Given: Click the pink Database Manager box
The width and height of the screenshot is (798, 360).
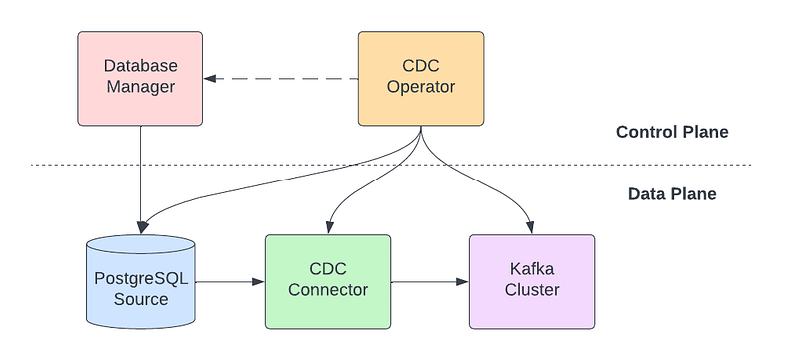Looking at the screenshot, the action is coord(140,79).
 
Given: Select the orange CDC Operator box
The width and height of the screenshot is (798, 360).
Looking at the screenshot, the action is coord(421,79).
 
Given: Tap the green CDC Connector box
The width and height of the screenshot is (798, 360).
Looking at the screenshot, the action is coord(328,281).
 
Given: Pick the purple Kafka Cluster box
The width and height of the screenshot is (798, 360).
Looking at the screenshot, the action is coord(532,281).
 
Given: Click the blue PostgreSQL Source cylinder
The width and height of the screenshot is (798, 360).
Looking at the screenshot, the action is coord(141,281).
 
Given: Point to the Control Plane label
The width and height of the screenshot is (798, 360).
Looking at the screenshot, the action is coord(672,133).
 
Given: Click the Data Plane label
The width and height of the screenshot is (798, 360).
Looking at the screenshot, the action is coord(672,194).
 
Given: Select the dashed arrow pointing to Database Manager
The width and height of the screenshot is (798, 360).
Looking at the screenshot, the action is coord(281,79).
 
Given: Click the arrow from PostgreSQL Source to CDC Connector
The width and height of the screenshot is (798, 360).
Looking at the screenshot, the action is coord(230,281).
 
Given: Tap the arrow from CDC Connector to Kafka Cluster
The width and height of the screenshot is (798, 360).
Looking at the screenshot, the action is coord(430,281).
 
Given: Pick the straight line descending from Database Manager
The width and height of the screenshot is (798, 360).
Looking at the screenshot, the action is coord(140,178).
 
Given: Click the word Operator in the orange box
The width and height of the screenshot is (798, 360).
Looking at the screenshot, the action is coord(421,87).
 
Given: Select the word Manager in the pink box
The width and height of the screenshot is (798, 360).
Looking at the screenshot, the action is coord(140,87).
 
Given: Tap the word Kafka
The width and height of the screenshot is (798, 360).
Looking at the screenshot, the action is coord(532,268).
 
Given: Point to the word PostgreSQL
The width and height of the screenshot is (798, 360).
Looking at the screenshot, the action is coord(141,278).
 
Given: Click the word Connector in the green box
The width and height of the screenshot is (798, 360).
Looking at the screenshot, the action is coord(328,290).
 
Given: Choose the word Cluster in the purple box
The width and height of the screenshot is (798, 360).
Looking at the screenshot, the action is coord(532,290).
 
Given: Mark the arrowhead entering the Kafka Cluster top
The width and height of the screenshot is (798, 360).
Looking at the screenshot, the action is coord(531,228).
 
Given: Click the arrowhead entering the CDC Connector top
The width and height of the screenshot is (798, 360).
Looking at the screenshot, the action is coord(329,228).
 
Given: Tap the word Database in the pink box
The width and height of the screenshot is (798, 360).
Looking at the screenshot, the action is coord(140,66).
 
